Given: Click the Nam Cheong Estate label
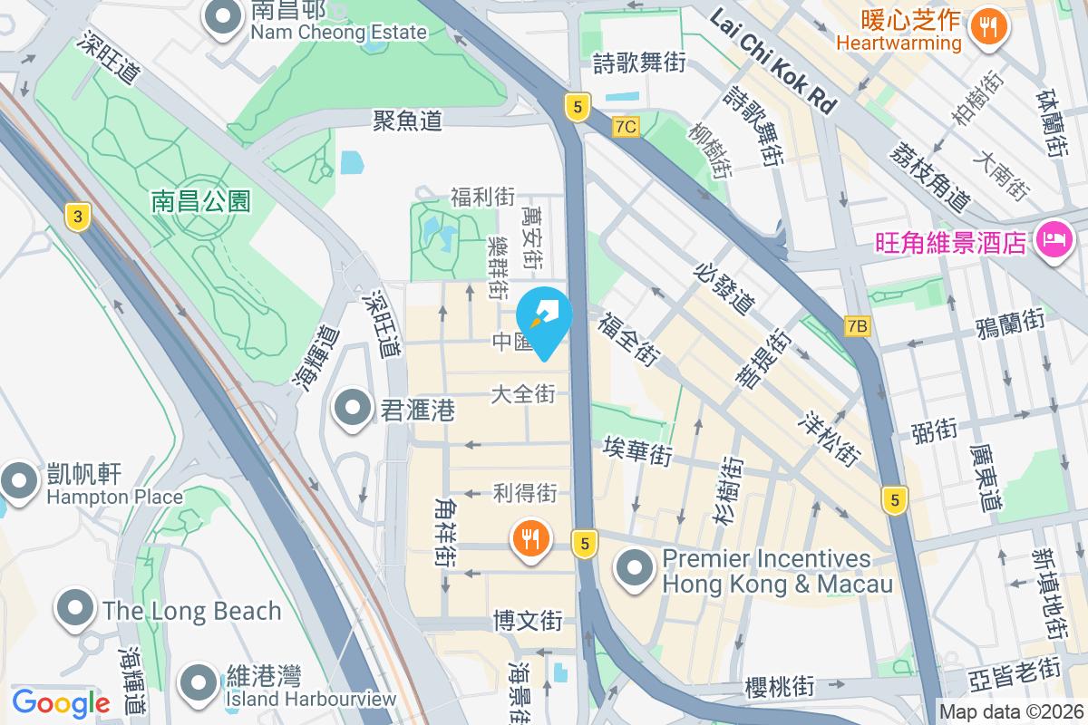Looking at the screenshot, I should coord(338,33).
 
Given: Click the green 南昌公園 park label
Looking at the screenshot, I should coord(201,200).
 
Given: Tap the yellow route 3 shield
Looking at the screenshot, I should coord(79,217).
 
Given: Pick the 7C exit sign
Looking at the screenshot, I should coord(625,127).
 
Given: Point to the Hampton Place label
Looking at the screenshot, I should coord(114,497).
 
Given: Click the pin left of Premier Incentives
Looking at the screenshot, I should coord(635,569).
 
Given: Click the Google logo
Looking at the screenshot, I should coord(61,702).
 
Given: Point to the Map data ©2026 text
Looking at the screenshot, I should coord(1011,712).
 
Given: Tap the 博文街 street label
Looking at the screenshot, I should coord(528,621).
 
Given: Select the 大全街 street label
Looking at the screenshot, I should coord(523,394).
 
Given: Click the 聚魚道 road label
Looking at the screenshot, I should coord(407,121).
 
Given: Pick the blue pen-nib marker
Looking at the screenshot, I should coord(544,318).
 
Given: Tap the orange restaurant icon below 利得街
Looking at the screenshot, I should coord(531,540).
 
